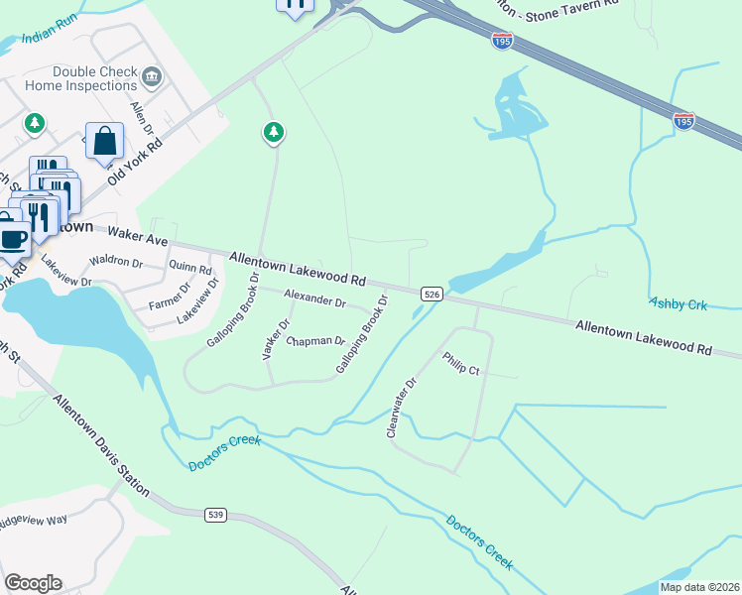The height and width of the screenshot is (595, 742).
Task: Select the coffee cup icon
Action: click(12, 238)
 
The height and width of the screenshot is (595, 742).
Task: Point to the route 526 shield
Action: click(431, 294)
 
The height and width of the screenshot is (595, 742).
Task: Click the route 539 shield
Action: click(217, 515)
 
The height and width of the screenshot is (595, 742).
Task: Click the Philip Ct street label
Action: click(461, 364)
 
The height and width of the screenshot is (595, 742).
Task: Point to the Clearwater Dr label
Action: click(403, 408)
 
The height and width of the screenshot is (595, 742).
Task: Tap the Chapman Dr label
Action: click(315, 342)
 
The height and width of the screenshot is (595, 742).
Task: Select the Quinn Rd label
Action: click(190, 268)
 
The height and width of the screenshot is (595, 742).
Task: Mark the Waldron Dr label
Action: click(116, 264)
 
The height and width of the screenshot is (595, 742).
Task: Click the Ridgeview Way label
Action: click(47, 520)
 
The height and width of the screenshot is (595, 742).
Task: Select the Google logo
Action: click(33, 583)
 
